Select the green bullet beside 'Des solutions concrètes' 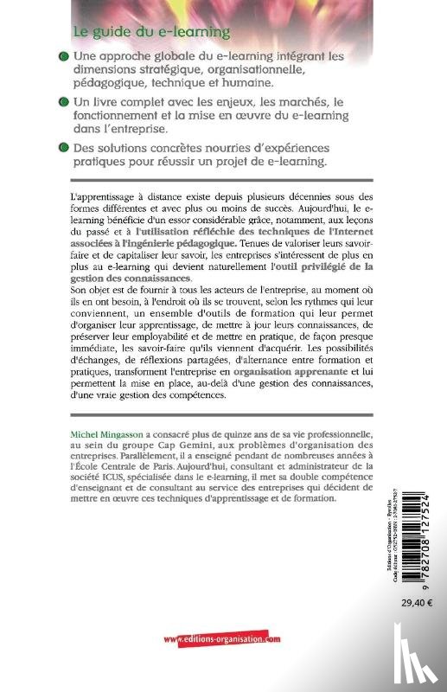pos(62,150)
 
